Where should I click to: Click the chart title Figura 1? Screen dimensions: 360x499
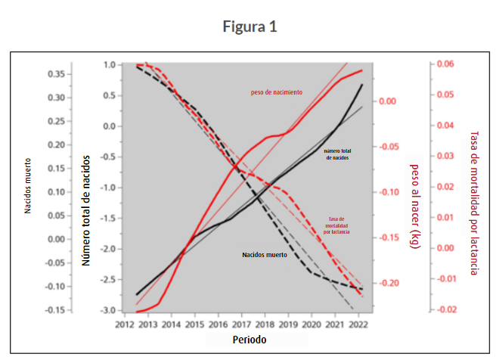pyautogui.click(x=249, y=26)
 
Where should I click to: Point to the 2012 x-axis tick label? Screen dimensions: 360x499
pyautogui.click(x=125, y=324)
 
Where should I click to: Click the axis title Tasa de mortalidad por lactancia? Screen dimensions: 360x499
pyautogui.click(x=475, y=202)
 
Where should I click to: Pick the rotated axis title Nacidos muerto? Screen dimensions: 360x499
pyautogui.click(x=28, y=185)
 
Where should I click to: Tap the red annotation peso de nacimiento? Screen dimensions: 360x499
pyautogui.click(x=277, y=92)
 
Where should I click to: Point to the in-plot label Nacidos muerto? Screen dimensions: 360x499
pyautogui.click(x=265, y=255)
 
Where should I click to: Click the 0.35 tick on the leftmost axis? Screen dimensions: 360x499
pyautogui.click(x=54, y=74)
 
